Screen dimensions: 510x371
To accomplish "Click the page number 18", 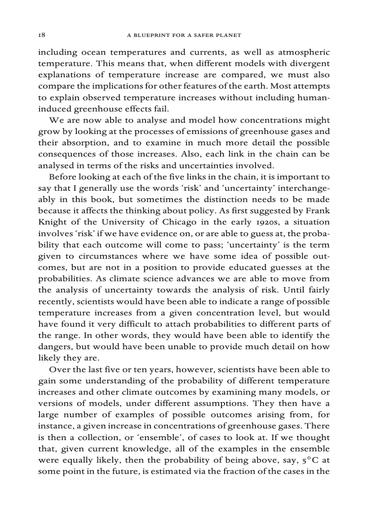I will pos(41,35).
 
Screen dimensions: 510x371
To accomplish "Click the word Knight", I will pos(50,222).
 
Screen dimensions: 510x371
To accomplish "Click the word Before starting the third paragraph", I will pos(63,176).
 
